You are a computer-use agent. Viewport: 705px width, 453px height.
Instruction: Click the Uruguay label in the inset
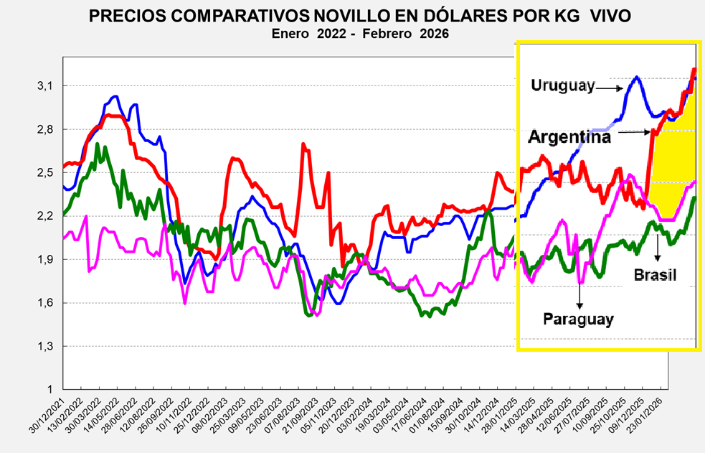coord(563,85)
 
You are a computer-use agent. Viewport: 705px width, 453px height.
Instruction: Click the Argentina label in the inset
coord(570,136)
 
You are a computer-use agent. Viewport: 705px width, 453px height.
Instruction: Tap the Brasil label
coord(655,276)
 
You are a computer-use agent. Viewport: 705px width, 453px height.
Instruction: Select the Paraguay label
coord(578,319)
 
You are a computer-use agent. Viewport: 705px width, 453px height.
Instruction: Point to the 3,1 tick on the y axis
coord(45,86)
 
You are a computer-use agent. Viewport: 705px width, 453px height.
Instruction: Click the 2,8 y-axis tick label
coord(45,129)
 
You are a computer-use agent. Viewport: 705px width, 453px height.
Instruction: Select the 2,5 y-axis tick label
coord(45,172)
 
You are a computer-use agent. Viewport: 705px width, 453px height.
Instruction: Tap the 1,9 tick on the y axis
coord(45,259)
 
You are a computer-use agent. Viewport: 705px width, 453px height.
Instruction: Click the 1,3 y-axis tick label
coord(45,346)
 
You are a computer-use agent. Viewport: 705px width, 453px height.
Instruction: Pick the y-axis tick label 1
coord(49,389)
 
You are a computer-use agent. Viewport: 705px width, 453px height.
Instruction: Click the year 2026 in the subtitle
coord(435,34)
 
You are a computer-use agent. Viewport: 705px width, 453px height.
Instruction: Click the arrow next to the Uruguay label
coord(609,88)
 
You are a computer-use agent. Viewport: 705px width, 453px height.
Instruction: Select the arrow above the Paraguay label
coord(578,295)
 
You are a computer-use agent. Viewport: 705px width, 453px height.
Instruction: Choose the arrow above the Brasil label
coord(657,248)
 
